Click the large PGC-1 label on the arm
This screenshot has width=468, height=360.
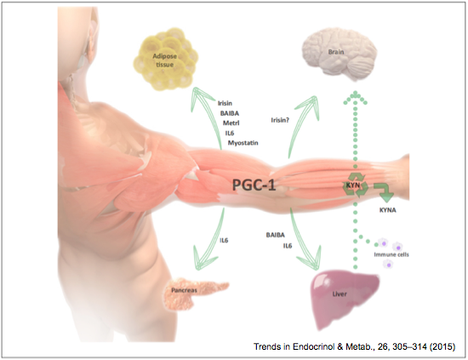click(254, 185)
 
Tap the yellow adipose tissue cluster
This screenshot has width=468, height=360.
click(166, 60)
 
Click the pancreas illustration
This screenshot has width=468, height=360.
click(196, 294)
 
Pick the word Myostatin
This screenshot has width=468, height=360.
click(243, 143)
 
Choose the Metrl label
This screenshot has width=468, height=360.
click(231, 123)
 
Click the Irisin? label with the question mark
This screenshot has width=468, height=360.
click(280, 120)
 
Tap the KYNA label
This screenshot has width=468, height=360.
click(388, 210)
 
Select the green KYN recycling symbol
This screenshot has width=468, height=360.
click(355, 185)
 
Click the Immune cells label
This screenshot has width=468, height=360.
click(391, 254)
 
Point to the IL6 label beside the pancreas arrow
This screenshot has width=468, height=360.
click(224, 240)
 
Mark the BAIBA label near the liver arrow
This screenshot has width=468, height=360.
click(275, 235)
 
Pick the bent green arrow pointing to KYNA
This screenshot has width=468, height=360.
click(385, 191)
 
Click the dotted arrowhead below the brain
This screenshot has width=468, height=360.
click(355, 97)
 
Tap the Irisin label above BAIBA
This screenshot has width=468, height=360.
click(225, 103)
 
